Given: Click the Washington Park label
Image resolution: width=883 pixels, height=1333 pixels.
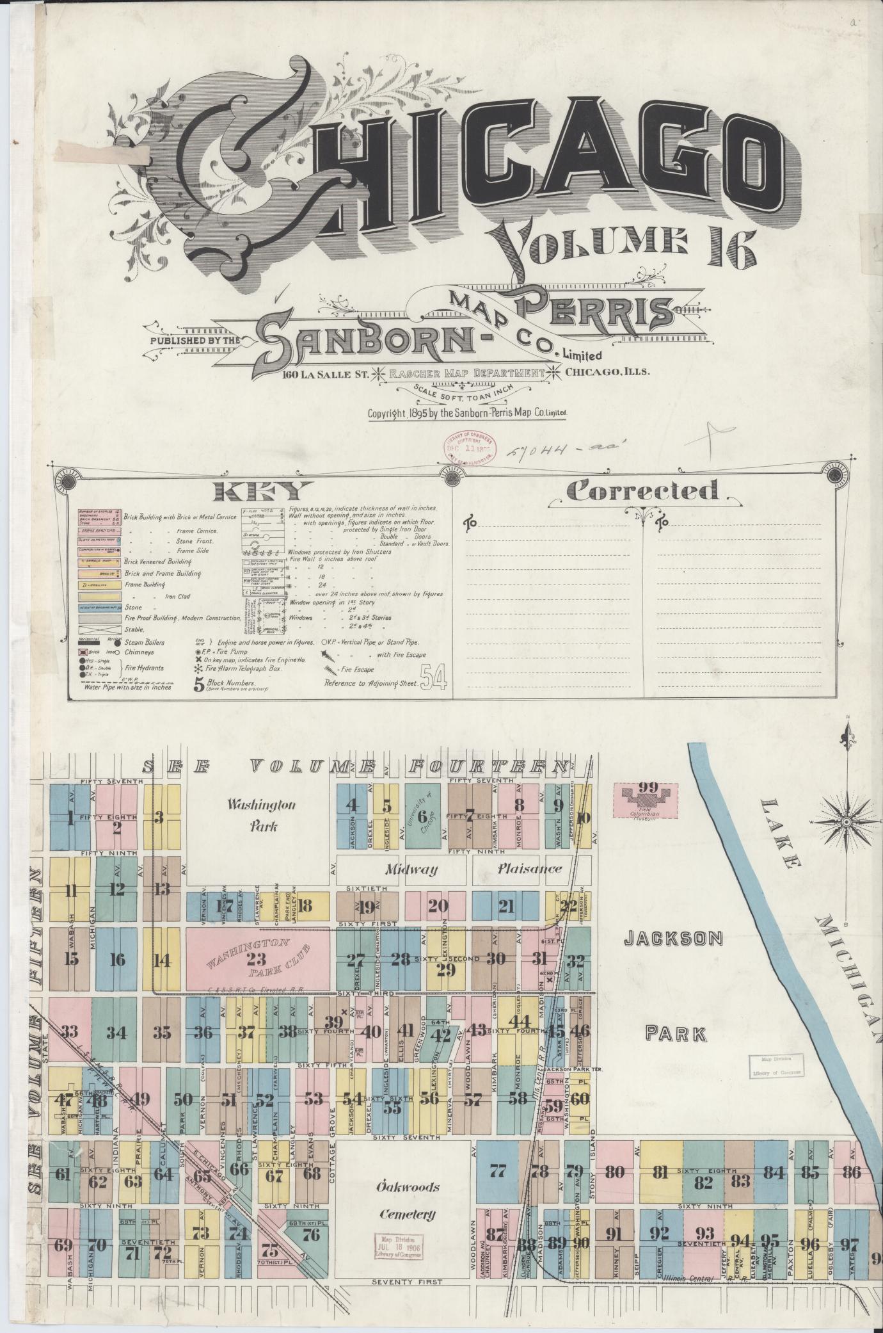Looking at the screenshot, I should pyautogui.click(x=264, y=815).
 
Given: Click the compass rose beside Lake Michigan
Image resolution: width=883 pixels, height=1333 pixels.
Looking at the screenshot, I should pyautogui.click(x=846, y=821).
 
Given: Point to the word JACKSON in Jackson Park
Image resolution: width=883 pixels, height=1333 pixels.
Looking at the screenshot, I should pyautogui.click(x=673, y=939).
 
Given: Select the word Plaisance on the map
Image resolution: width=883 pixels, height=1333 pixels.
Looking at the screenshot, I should pyautogui.click(x=530, y=869).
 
